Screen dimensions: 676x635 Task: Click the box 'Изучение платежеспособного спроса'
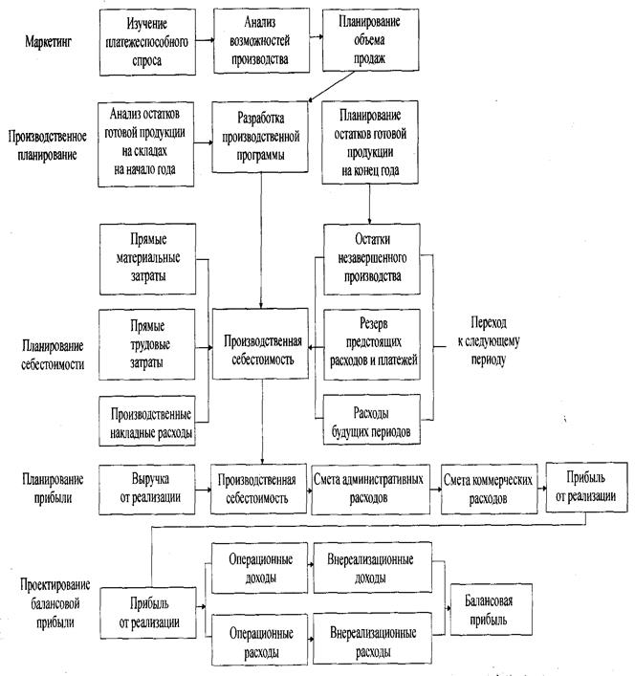[x=154, y=40]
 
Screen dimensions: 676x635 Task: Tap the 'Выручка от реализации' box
[x=153, y=489]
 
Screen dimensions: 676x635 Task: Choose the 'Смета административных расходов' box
[x=364, y=489]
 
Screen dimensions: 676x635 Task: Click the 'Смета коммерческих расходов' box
[x=487, y=489]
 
